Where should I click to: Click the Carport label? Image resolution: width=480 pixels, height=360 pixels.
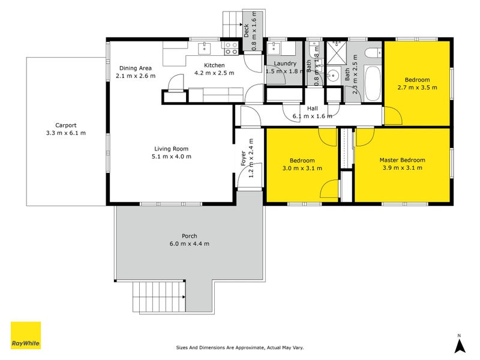(x=65, y=125)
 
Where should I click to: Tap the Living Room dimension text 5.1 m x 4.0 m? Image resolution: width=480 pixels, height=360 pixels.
(x=172, y=157)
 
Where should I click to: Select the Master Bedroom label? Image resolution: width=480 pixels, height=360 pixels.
(x=402, y=160)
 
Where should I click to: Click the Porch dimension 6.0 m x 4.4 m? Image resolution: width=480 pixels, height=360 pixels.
(x=189, y=244)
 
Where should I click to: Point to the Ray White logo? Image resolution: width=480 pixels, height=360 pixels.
(x=26, y=335)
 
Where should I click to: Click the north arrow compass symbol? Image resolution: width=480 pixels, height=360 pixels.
(x=459, y=345)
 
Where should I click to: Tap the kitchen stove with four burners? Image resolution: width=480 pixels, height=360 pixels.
(x=230, y=44)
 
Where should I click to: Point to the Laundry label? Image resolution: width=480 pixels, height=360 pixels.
(x=284, y=64)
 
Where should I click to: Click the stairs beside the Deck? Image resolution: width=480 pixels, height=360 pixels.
(x=232, y=25)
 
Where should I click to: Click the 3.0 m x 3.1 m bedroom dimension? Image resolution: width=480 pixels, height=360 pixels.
(x=302, y=168)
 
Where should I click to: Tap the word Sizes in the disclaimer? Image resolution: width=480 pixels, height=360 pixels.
(x=183, y=347)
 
